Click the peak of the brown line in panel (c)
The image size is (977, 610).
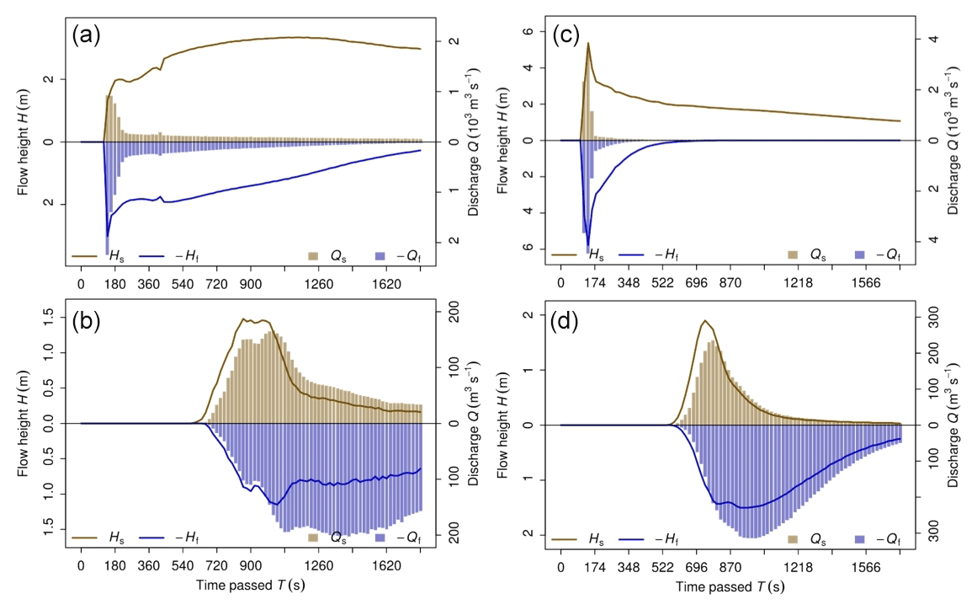tap(588, 43)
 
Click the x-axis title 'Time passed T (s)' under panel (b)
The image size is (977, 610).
tap(251, 584)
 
